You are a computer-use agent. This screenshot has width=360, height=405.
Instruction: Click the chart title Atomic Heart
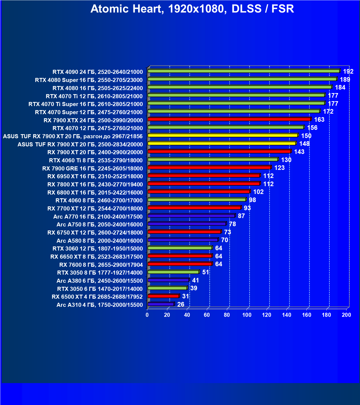click(192, 9)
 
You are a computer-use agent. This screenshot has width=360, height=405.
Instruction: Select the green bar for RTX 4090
click(244, 71)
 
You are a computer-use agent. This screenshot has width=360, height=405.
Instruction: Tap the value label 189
click(345, 80)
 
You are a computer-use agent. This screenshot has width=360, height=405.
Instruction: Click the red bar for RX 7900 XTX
click(229, 119)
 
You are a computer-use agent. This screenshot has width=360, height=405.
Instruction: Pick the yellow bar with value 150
click(222, 135)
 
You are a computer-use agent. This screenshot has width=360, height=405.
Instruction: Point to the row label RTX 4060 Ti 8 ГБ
click(96, 160)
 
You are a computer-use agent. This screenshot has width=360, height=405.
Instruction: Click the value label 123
click(279, 168)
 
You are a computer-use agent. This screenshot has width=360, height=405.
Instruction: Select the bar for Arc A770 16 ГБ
click(191, 216)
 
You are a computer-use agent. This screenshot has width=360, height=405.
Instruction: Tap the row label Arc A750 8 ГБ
click(99, 225)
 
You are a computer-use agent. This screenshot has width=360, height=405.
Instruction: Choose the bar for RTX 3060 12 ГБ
click(180, 248)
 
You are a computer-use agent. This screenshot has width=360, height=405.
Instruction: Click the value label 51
click(206, 272)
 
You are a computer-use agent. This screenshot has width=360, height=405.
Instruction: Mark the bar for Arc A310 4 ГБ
click(161, 304)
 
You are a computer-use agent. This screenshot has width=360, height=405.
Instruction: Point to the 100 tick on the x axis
click(247, 315)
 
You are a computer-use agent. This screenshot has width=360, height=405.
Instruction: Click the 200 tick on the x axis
click(346, 315)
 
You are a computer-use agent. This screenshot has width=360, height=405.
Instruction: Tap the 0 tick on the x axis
click(147, 315)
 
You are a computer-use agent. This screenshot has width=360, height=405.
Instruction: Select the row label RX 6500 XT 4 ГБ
click(97, 297)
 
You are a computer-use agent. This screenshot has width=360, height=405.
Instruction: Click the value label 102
click(258, 192)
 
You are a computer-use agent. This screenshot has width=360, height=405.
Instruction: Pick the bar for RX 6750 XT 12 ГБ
click(184, 232)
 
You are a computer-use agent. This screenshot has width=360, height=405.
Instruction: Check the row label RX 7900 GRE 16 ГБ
click(92, 169)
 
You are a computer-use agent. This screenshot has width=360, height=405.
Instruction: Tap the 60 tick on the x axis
click(207, 315)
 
